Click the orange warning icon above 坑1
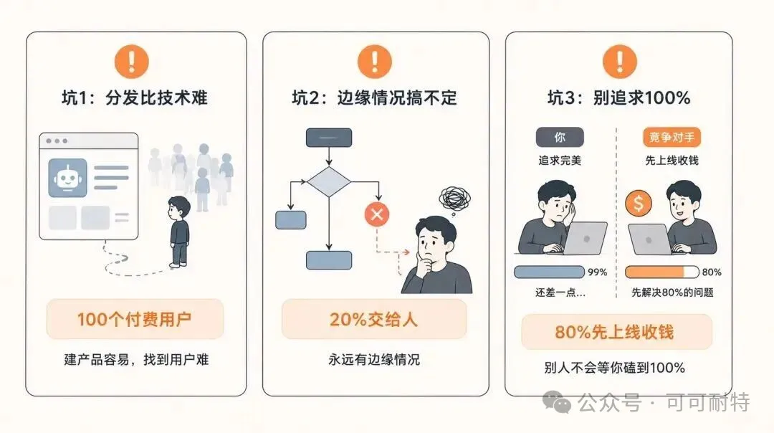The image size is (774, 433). pyautogui.click(x=131, y=61)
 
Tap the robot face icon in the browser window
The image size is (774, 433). pyautogui.click(x=67, y=178)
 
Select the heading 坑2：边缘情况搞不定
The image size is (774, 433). pyautogui.click(x=375, y=97)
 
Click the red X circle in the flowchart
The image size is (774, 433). pyautogui.click(x=377, y=214)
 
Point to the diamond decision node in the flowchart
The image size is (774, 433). pyautogui.click(x=329, y=182)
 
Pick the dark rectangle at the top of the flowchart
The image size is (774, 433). pyautogui.click(x=329, y=138)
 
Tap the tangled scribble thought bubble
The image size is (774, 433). pyautogui.click(x=454, y=199)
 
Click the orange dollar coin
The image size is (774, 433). pyautogui.click(x=639, y=204)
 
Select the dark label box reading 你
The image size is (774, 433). pyautogui.click(x=560, y=137)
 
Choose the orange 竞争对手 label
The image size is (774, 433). pyautogui.click(x=672, y=137)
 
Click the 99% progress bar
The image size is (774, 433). pyautogui.click(x=549, y=272)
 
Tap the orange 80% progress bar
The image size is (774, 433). pyautogui.click(x=661, y=272)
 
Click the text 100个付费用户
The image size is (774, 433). pyautogui.click(x=134, y=320)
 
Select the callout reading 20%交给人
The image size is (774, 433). pyautogui.click(x=373, y=320)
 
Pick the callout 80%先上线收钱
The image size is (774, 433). pyautogui.click(x=616, y=332)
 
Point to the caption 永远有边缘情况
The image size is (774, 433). pyautogui.click(x=373, y=359)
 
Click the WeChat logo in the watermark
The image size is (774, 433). pyautogui.click(x=557, y=401)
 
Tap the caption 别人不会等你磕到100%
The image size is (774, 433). pyautogui.click(x=615, y=368)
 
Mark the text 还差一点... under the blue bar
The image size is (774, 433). pyautogui.click(x=560, y=292)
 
